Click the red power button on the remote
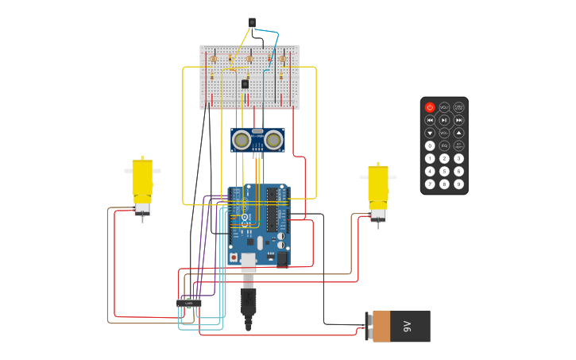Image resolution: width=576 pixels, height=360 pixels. click(430, 107)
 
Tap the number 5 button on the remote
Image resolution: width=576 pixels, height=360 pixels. click(444, 171)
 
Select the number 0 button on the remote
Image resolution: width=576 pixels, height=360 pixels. click(430, 145)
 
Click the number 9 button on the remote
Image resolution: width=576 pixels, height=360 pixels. click(458, 184)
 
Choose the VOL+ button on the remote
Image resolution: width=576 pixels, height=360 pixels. click(444, 107)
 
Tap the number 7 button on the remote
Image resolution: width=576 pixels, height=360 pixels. click(430, 184)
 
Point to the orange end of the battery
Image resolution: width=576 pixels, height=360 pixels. click(381, 326)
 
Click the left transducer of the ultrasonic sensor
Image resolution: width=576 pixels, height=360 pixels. click(242, 141)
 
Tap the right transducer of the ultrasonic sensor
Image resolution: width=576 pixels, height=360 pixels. click(274, 141)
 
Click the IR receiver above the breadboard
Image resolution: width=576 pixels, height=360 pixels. click(252, 23)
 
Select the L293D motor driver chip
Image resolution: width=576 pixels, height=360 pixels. click(189, 303)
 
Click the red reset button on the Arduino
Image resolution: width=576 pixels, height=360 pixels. click(234, 257)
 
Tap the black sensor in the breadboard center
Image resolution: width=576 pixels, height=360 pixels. click(245, 83)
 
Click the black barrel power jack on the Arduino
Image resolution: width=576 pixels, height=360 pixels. click(281, 258)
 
